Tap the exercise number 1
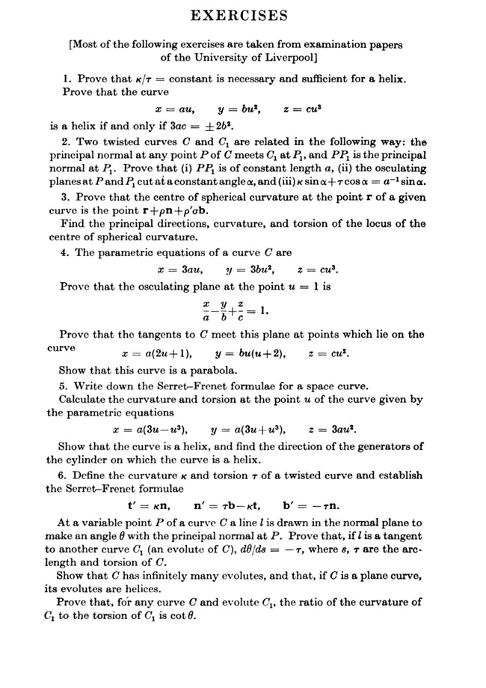(67, 79)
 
